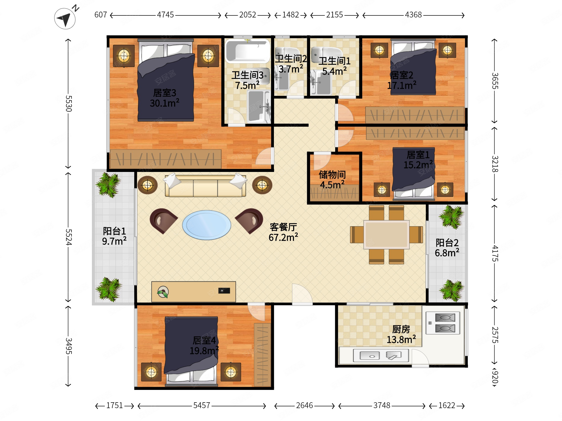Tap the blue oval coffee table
[206, 225]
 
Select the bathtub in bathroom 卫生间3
[248, 51]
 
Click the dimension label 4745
[165, 15]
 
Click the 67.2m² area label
[283, 237]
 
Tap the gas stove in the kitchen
[443, 323]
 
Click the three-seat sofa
[205, 186]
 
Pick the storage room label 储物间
[332, 174]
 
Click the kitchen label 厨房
[401, 329]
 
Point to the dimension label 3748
[382, 405]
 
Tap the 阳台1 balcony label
[114, 231]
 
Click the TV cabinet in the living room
[193, 292]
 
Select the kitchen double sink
[380, 355]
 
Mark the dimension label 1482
[290, 15]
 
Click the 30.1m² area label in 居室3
[164, 103]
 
